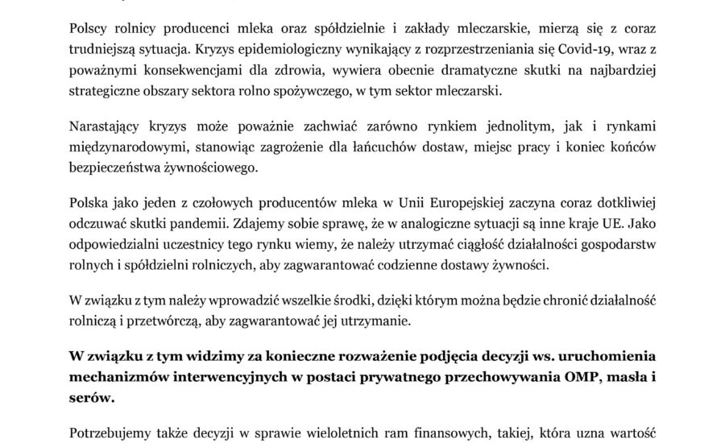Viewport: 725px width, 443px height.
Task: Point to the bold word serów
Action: (x=93, y=400)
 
